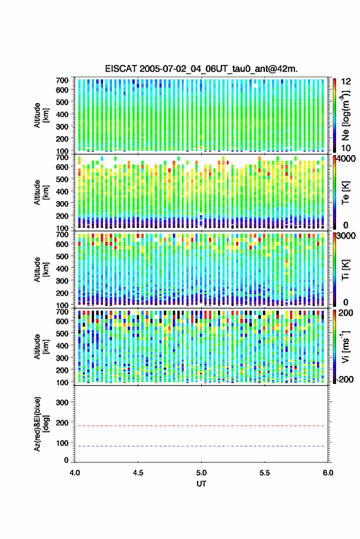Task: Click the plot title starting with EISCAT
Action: pos(201,69)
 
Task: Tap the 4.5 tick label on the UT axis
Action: pos(138,473)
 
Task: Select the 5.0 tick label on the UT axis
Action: pos(202,473)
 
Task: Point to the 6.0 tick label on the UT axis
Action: pos(328,473)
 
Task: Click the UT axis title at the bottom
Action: pos(202,484)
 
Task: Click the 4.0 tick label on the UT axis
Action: pos(75,473)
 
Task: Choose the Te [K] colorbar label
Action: pos(345,193)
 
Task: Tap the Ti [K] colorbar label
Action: pos(345,270)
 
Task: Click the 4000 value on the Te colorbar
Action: pos(347,158)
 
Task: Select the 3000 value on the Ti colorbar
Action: pos(347,235)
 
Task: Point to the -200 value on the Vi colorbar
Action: pos(344,380)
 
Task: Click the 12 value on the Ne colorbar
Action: pos(347,82)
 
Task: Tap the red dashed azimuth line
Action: pos(202,426)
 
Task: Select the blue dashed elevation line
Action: pos(202,446)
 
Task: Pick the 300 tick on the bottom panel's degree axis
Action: pos(62,402)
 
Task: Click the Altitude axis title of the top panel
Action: pos(41,115)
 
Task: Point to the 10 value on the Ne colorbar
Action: pos(347,148)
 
